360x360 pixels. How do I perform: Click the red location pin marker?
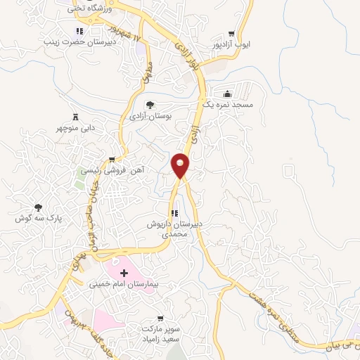coord(181,165)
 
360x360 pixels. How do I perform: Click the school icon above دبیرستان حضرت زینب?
coord(79,32)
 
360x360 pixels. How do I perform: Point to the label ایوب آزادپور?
coord(231,44)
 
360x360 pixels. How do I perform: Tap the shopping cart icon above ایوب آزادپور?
coord(231,34)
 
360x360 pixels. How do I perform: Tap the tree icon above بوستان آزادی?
coord(149,105)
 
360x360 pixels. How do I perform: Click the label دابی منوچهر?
coord(76,128)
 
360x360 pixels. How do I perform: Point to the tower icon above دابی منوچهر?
coord(76,117)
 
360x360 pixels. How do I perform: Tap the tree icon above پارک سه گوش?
coord(38,207)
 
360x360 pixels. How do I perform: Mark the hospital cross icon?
coord(124,272)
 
